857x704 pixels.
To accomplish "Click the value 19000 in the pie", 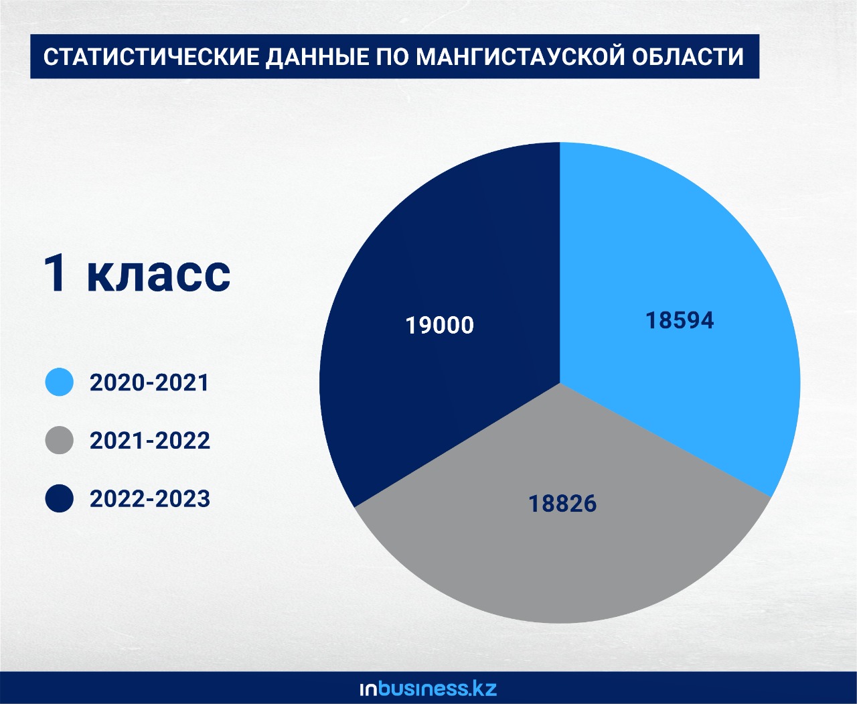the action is [440, 325].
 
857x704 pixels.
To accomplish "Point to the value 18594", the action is [680, 320].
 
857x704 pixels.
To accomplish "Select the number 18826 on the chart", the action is [562, 504].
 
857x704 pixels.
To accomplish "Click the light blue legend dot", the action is [60, 382].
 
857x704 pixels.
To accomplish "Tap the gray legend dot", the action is [60, 440].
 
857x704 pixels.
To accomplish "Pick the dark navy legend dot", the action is [60, 498].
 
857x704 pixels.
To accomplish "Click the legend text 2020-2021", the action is [149, 382].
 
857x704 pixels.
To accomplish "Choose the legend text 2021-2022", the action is [149, 441].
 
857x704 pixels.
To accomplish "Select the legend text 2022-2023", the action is [149, 499].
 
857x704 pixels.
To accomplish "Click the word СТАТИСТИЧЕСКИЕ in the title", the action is [151, 56].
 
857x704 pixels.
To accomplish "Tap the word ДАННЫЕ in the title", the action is [317, 58].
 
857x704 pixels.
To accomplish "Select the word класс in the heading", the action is [159, 273].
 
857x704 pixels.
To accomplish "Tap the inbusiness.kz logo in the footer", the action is [428, 689].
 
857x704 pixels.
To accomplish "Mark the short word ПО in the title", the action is [392, 56].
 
